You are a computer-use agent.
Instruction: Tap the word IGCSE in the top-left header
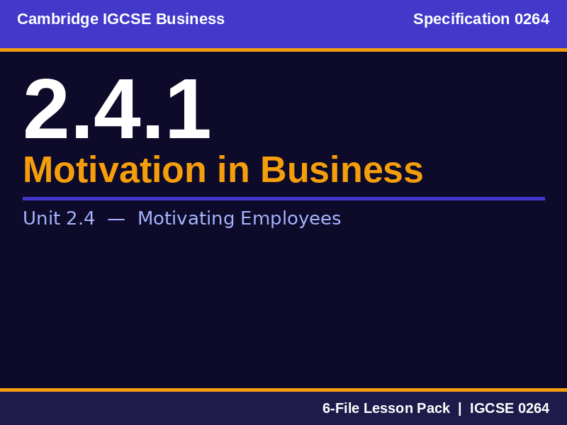tap(127, 19)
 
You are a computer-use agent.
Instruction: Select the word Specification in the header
tap(461, 19)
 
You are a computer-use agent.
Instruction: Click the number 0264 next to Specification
tap(532, 19)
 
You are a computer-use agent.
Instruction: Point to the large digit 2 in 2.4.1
tap(47, 110)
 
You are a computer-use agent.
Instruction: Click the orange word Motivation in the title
tap(114, 170)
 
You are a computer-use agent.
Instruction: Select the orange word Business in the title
tap(342, 170)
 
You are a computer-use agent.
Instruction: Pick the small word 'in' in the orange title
tap(233, 170)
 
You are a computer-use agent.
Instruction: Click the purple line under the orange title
tap(283, 198)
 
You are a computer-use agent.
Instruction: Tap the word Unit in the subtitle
tap(41, 218)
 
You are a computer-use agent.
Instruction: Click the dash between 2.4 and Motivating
tap(116, 219)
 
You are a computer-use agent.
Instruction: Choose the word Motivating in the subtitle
tap(186, 219)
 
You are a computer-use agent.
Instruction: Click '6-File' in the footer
tap(341, 408)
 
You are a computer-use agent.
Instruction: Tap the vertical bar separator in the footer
tap(459, 408)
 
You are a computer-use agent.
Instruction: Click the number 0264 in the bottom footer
tap(533, 408)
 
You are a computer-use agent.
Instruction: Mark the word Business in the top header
tap(190, 19)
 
